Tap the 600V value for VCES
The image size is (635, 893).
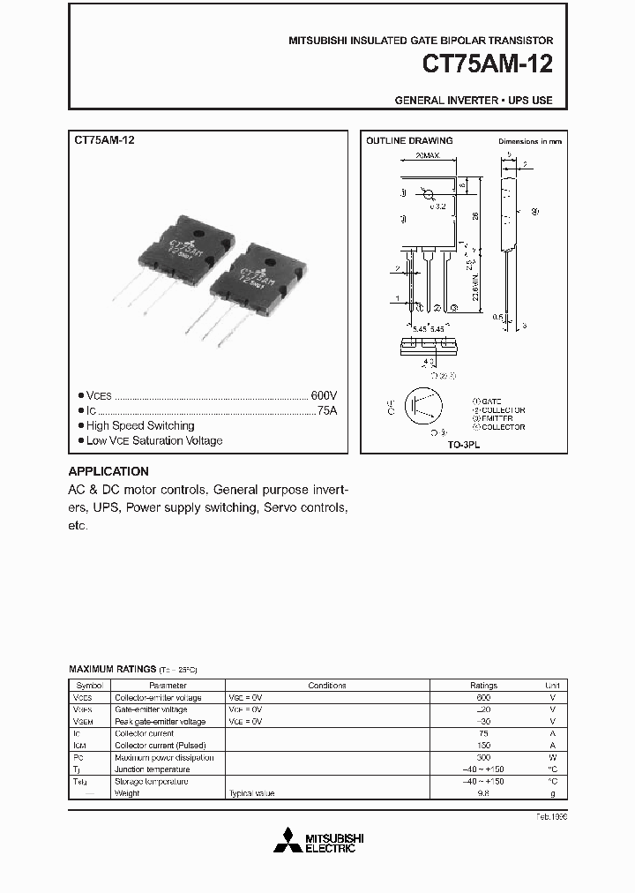click(x=324, y=396)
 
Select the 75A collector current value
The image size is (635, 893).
click(x=325, y=411)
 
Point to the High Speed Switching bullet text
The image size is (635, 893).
click(x=140, y=426)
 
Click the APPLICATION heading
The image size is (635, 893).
click(x=108, y=471)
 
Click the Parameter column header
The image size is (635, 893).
click(x=168, y=685)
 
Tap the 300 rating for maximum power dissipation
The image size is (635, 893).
click(x=483, y=757)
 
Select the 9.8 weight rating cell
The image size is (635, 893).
click(x=483, y=793)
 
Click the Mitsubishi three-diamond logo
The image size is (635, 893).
click(x=288, y=841)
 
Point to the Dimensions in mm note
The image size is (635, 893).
click(x=529, y=141)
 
